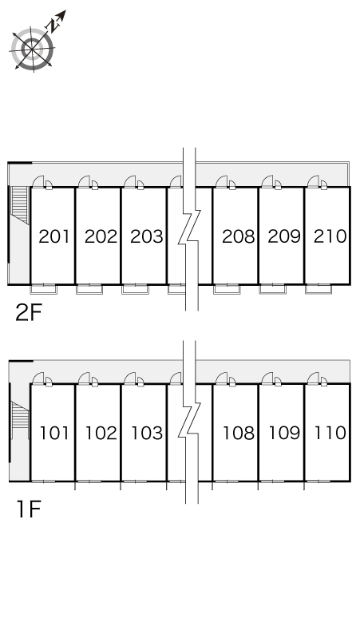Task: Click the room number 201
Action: click(x=54, y=236)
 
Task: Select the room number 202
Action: click(x=101, y=236)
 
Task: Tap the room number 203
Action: click(x=147, y=236)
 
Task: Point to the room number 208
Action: click(x=239, y=236)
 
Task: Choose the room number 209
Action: click(x=284, y=236)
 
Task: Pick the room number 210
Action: click(x=330, y=236)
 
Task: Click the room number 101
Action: click(x=54, y=433)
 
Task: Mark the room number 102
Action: click(x=101, y=433)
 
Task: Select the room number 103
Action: click(x=147, y=433)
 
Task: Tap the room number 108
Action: click(x=239, y=433)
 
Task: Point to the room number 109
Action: click(x=284, y=433)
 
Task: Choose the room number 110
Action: click(x=330, y=433)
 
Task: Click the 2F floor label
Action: click(x=29, y=312)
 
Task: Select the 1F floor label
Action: click(x=29, y=509)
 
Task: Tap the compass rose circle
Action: click(x=32, y=50)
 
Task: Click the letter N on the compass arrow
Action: click(x=53, y=26)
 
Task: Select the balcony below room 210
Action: click(x=318, y=289)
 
